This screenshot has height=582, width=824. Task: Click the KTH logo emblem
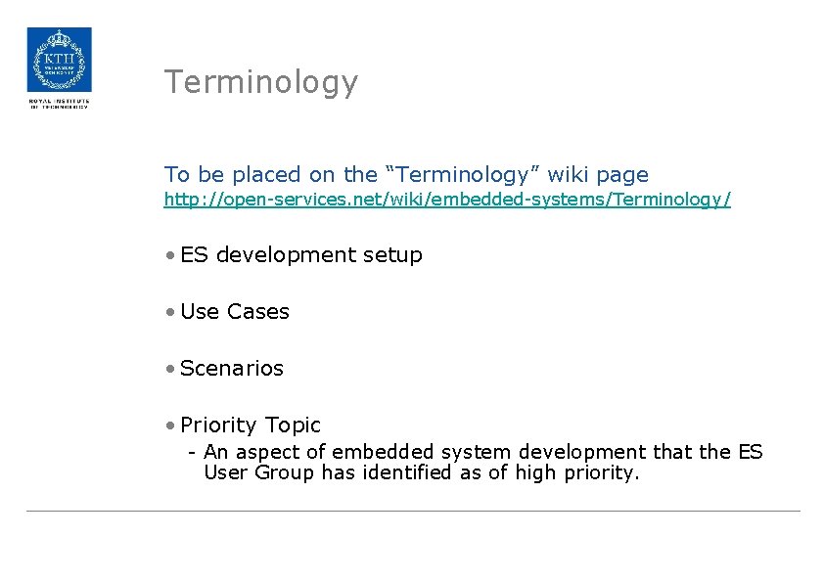coord(59,60)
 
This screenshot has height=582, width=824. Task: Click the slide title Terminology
coord(261,82)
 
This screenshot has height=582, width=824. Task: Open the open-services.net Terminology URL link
coord(447,200)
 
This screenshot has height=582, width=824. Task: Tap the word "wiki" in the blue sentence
coord(568,175)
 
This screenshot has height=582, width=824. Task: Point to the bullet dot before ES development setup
coord(170,255)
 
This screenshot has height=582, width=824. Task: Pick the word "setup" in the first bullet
coord(392,256)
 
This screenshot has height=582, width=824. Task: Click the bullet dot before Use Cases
coord(170,312)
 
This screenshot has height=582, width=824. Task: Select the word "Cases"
coord(258,312)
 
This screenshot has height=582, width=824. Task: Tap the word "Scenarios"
coord(232,369)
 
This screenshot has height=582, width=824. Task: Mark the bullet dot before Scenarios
coord(170,369)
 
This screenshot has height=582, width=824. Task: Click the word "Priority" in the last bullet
coord(219,425)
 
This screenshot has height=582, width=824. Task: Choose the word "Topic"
coord(293,425)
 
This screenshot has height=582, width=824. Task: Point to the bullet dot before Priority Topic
coord(170,425)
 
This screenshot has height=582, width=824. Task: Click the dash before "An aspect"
coord(194,452)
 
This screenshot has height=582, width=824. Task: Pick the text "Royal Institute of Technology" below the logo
coord(59,104)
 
